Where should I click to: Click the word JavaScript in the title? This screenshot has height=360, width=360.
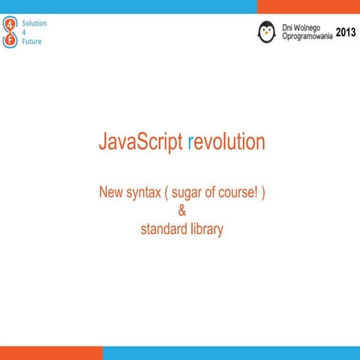(141, 142)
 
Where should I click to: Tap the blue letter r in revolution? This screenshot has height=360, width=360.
(191, 142)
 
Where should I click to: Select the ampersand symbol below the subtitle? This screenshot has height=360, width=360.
(181, 211)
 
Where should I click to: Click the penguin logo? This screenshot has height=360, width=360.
(266, 31)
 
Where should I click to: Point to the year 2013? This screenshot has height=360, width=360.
(346, 32)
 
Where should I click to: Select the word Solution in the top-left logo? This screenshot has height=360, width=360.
(34, 23)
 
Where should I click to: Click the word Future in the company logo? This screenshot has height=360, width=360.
(31, 41)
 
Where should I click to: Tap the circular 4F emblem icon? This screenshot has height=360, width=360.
(9, 33)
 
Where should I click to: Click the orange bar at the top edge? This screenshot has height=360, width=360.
(308, 6)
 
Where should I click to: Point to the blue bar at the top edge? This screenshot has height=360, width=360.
(127, 6)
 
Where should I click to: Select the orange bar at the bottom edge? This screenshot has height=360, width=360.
(51, 353)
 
